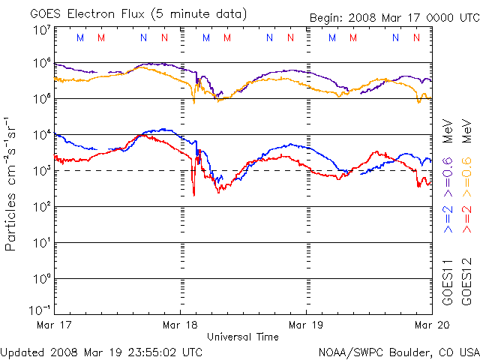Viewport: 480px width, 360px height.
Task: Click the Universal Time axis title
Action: (243, 337)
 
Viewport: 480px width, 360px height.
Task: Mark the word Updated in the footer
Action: (22, 351)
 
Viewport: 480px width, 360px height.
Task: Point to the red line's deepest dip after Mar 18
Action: (194, 194)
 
